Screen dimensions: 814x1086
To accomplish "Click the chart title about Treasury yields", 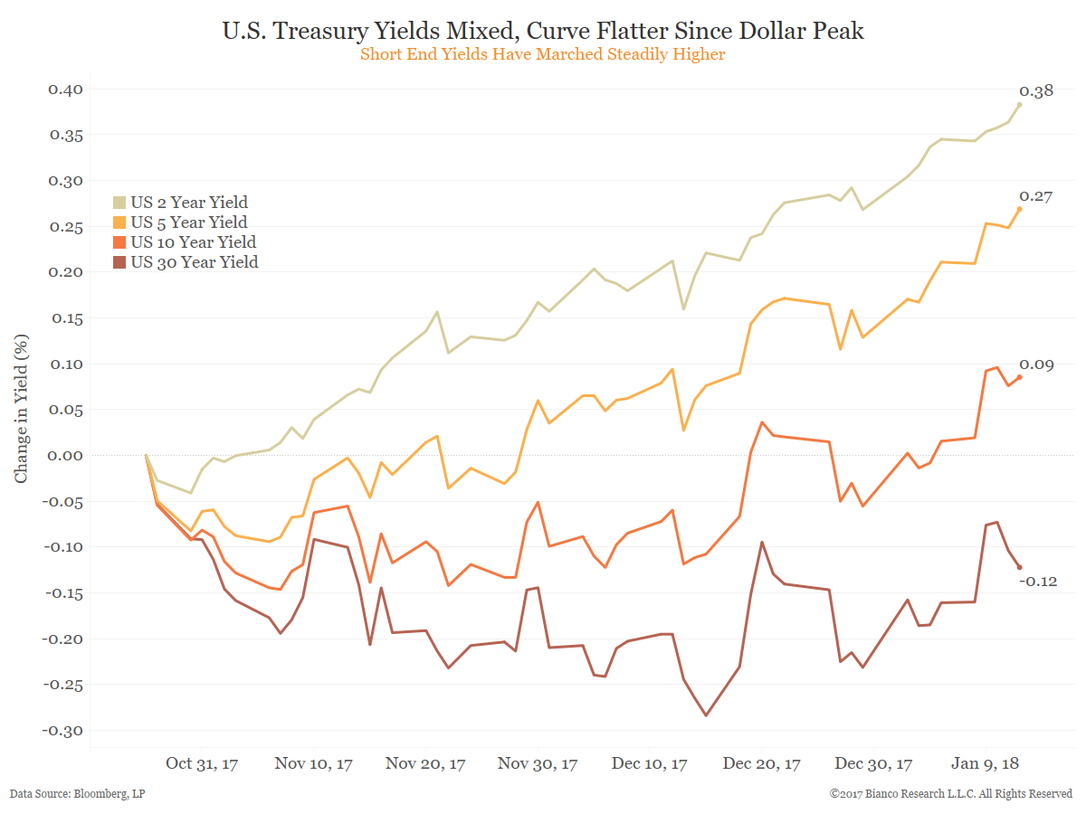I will pyautogui.click(x=543, y=31).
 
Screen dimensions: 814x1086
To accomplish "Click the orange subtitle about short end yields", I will pyautogui.click(x=543, y=54).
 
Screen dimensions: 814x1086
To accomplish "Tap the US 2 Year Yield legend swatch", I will pyautogui.click(x=120, y=203).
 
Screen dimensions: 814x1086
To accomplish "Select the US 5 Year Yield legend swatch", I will pyautogui.click(x=120, y=222).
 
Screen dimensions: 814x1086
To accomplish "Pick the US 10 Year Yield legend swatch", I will pyautogui.click(x=120, y=242).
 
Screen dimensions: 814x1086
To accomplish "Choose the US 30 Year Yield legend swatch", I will pyautogui.click(x=120, y=262).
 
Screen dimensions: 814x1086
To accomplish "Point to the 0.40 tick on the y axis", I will pyautogui.click(x=65, y=89).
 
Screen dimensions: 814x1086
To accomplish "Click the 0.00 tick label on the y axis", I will pyautogui.click(x=65, y=455).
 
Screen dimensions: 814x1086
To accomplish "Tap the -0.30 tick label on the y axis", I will pyautogui.click(x=62, y=730).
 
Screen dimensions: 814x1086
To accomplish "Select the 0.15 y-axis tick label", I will pyautogui.click(x=65, y=317).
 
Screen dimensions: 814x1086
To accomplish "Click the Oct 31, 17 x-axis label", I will pyautogui.click(x=202, y=764).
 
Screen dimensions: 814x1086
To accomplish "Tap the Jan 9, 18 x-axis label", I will pyautogui.click(x=985, y=764).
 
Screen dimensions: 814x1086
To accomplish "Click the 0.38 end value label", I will pyautogui.click(x=1036, y=91).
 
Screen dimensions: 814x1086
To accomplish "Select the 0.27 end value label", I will pyautogui.click(x=1036, y=196).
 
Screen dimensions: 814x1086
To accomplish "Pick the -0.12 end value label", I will pyautogui.click(x=1038, y=581).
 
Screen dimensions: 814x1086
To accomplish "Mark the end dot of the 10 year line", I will pyautogui.click(x=1019, y=377).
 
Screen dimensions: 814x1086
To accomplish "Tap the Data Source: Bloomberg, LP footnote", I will pyautogui.click(x=78, y=794).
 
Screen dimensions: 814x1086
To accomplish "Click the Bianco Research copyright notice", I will pyautogui.click(x=951, y=794).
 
